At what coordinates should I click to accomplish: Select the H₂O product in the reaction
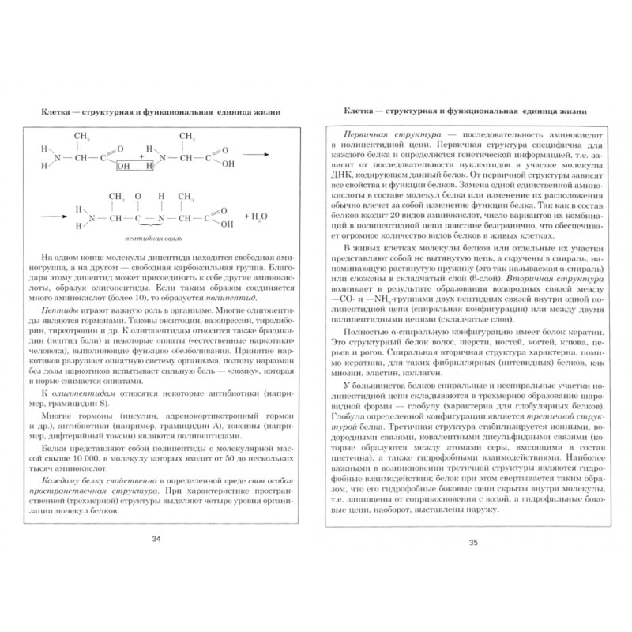click(259, 215)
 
